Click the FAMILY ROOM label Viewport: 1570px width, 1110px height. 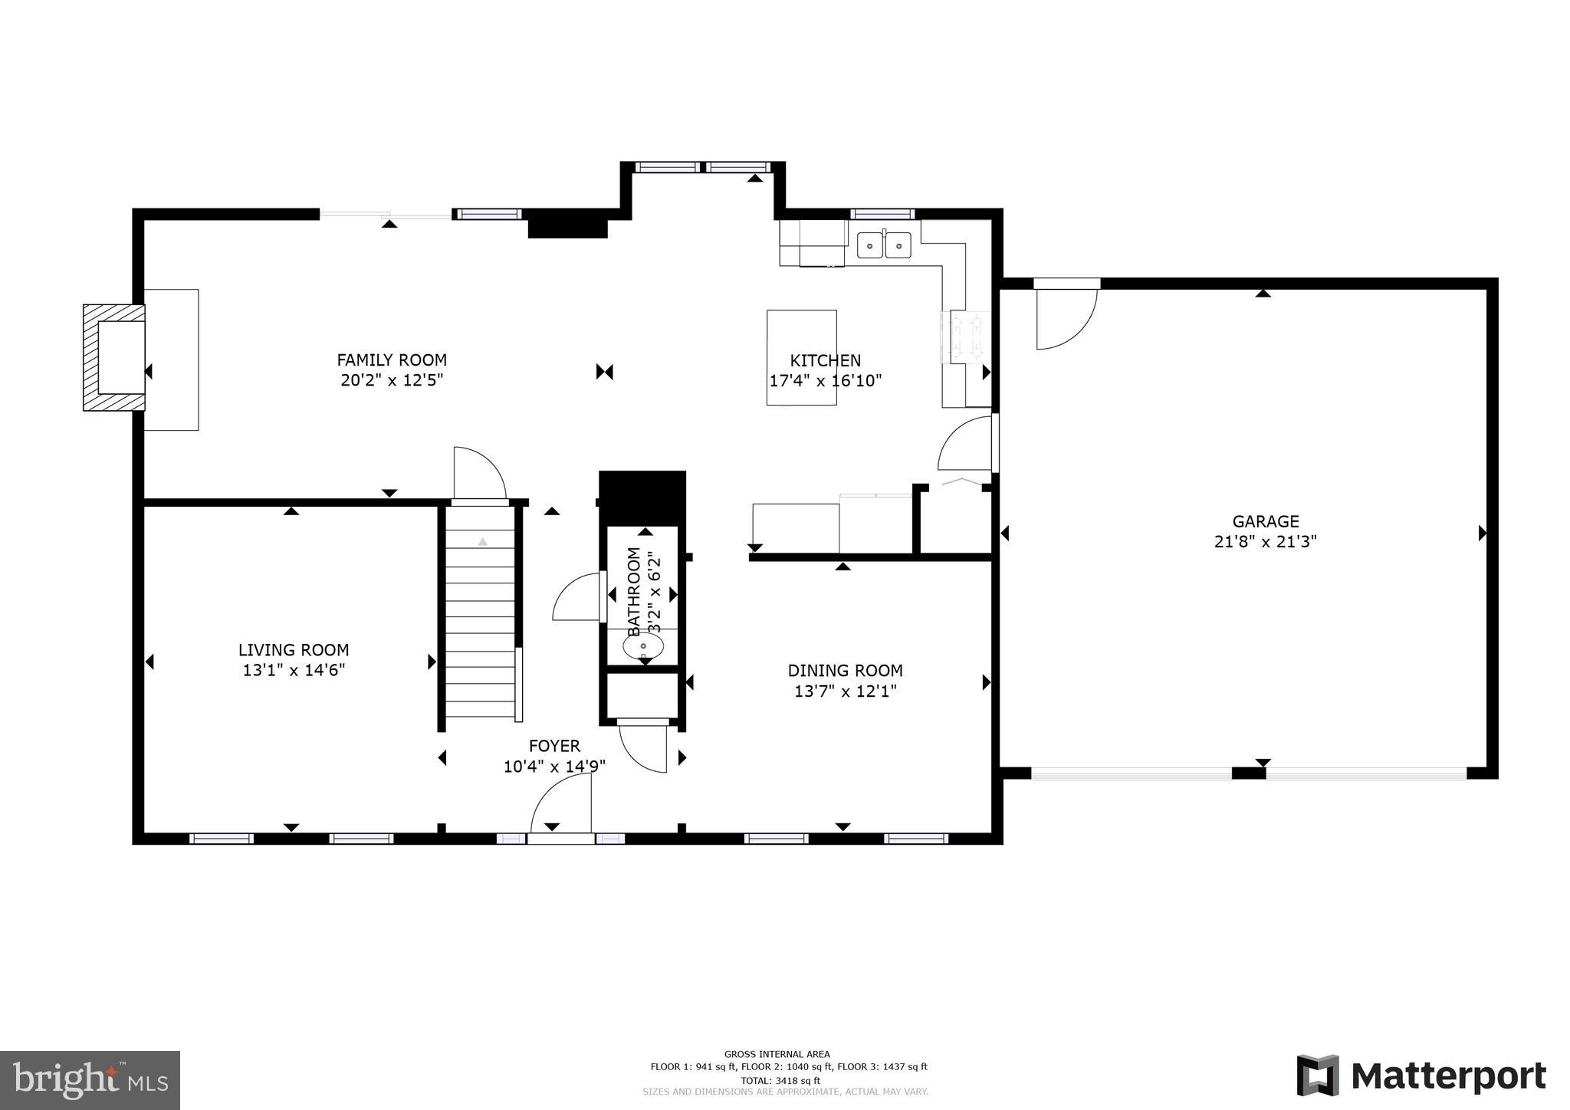click(392, 360)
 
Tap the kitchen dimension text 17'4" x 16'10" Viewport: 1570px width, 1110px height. click(826, 380)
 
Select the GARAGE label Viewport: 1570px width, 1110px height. click(1265, 521)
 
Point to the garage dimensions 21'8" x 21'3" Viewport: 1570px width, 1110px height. click(1265, 542)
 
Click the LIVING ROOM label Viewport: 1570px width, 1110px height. click(294, 650)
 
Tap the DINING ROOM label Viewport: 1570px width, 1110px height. click(845, 671)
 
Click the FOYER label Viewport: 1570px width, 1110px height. click(554, 746)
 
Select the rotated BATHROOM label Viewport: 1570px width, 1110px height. click(634, 591)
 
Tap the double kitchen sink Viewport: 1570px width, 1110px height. click(884, 245)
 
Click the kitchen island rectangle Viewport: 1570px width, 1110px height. click(801, 357)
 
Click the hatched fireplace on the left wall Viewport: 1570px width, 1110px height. click(113, 357)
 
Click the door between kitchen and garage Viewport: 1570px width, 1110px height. click(966, 445)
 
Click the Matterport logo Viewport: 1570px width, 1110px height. click(1421, 1076)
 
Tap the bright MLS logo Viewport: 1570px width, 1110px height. click(90, 1081)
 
